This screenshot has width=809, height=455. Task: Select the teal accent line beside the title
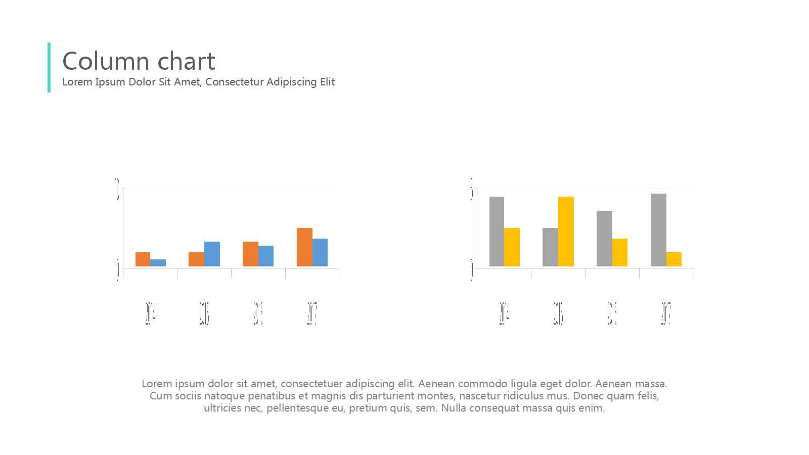49,67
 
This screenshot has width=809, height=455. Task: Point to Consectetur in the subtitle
234,82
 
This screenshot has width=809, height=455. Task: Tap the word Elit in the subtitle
327,82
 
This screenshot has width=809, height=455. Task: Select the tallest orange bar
304,247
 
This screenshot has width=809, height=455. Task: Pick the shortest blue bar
158,263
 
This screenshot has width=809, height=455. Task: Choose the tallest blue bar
212,254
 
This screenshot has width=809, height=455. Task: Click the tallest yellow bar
566,232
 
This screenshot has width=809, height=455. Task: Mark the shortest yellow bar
674,259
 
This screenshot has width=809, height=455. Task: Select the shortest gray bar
550,247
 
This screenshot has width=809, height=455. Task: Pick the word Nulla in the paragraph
454,408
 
